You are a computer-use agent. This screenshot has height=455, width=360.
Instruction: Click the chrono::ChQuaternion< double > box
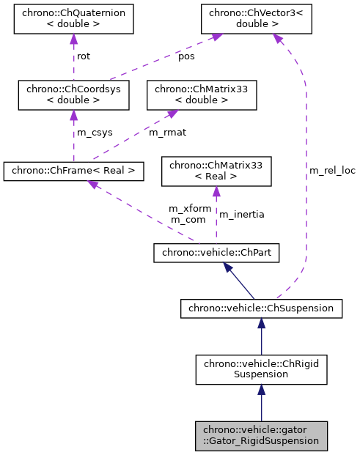click(x=73, y=19)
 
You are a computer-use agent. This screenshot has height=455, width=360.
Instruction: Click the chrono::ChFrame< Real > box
click(x=73, y=171)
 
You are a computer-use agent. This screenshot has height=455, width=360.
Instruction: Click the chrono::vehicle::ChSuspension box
click(x=261, y=308)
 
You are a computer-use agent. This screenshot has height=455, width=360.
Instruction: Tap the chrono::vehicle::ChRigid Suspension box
click(x=261, y=369)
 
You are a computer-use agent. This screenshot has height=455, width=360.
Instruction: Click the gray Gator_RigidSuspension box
click(x=261, y=435)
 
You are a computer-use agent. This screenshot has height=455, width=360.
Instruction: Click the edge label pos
click(x=187, y=56)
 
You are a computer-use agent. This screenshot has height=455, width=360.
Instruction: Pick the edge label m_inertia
click(x=242, y=214)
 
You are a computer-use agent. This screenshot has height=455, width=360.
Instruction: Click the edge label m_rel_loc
click(x=331, y=171)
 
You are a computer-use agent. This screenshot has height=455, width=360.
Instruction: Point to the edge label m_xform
click(x=190, y=209)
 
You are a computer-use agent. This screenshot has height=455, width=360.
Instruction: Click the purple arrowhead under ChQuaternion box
click(x=73, y=38)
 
